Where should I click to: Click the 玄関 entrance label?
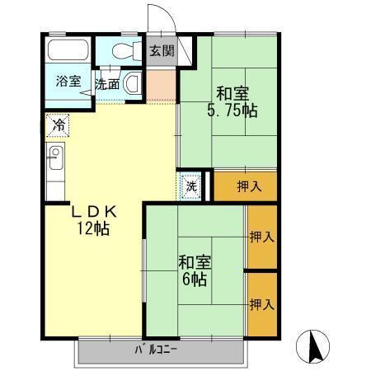162,50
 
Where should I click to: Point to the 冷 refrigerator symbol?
58,125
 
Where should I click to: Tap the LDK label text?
94,212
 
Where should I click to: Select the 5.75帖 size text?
232,110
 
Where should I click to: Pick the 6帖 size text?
195,280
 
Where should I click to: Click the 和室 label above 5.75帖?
232,92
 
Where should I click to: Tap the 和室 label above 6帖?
195,263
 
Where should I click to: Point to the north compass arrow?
314,345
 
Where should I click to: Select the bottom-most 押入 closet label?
262,304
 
